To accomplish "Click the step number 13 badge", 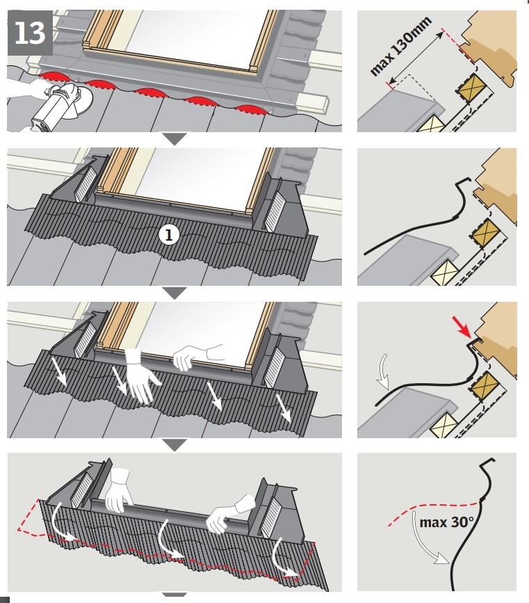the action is [x=30, y=33].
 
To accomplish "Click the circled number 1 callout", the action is [x=169, y=234].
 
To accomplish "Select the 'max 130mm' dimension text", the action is [x=401, y=45].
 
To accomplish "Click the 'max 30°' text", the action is [x=446, y=522].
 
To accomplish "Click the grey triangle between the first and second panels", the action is [x=175, y=139].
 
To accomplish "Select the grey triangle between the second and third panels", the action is [x=175, y=293].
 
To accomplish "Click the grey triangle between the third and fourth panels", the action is [x=175, y=445].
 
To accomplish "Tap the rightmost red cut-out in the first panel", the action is [x=252, y=109].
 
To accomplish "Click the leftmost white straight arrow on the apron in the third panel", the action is [x=61, y=372].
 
